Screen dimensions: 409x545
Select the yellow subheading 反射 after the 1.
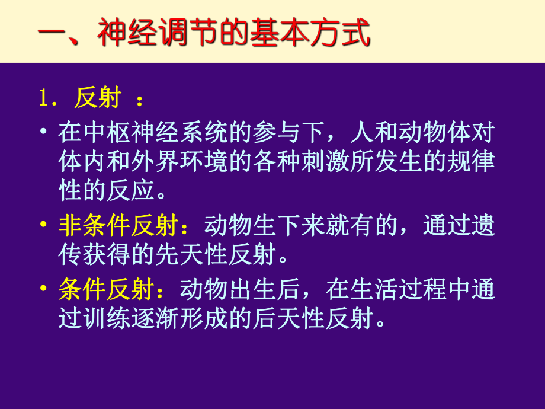[98, 98]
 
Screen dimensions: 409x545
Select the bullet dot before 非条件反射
[44, 226]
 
